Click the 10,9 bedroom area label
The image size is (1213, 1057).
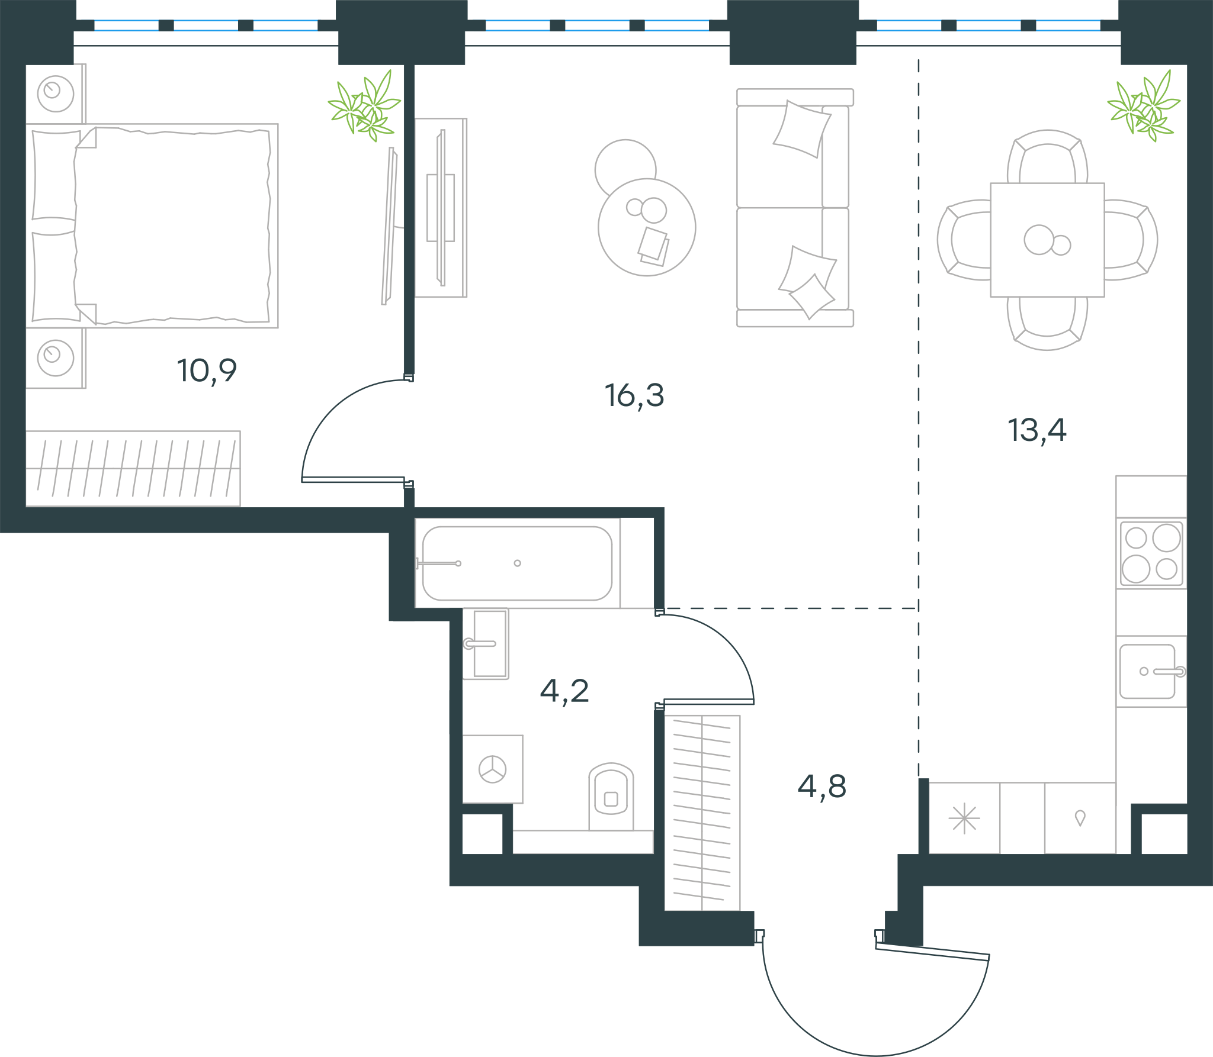point(207,372)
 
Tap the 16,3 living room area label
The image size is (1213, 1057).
point(634,396)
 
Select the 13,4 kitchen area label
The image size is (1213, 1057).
point(1037,430)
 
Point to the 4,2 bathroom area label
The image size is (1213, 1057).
point(564,691)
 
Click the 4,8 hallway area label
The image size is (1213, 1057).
point(822,787)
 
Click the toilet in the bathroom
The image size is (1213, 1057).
point(611,797)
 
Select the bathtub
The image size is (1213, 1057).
point(517,563)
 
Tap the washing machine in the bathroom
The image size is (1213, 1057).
point(492,769)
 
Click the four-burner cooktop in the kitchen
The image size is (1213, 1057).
point(1151,553)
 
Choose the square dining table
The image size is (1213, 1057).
point(1047,240)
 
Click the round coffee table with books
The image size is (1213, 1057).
point(647,227)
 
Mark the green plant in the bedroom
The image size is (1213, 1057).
point(364,105)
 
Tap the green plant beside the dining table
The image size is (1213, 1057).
point(1143,105)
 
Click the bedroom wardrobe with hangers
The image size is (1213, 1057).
point(133,469)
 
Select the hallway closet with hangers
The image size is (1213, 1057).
point(702,813)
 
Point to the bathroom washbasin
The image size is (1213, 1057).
point(486,643)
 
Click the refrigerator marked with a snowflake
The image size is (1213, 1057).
point(964,818)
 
